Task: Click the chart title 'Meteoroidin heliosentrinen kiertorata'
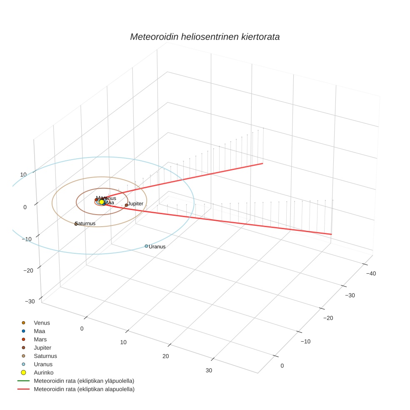coord(205,37)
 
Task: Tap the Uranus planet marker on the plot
coord(146,246)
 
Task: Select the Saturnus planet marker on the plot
coord(76,224)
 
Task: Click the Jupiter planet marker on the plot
coord(126,205)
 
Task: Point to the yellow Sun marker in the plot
coord(102,202)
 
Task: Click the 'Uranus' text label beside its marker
coord(157,247)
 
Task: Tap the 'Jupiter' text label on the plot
coord(135,204)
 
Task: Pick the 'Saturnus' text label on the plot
coord(85,223)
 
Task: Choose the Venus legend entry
coord(42,323)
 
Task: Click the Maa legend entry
coord(39,331)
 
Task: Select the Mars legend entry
coord(40,340)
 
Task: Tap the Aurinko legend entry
coord(43,372)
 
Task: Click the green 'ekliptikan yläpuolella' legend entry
coord(84,381)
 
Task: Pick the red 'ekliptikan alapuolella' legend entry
coord(84,389)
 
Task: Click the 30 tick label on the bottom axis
coord(209,371)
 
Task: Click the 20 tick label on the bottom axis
coord(165,356)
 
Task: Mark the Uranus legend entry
coord(43,364)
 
